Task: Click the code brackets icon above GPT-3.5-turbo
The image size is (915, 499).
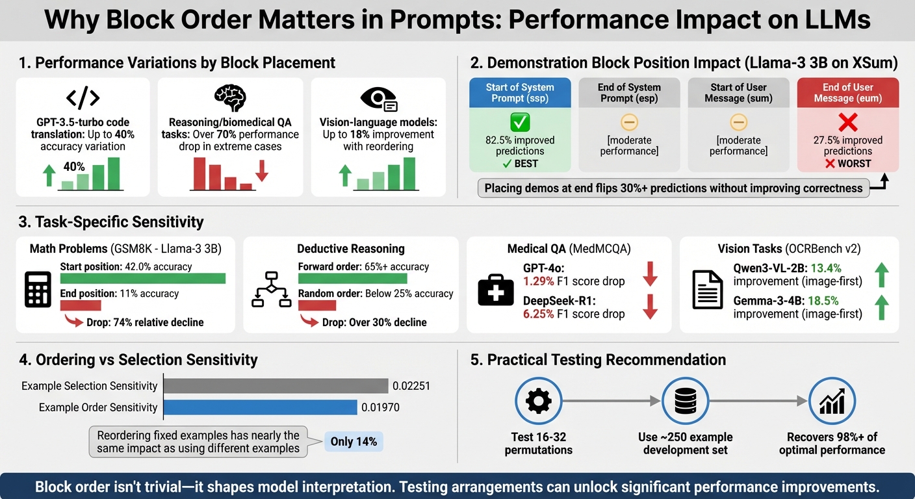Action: coord(83,97)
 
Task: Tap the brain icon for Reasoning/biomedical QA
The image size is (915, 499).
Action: coord(230,97)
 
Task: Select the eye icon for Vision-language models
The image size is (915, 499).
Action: coord(378,98)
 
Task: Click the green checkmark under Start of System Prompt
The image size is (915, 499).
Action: coord(520,122)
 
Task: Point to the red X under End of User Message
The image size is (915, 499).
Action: coord(847,122)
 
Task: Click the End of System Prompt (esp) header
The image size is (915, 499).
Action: coord(629,92)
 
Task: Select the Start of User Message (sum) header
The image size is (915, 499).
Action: coord(738,92)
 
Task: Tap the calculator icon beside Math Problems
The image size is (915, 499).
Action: coord(38,290)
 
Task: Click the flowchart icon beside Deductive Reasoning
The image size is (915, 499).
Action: coord(270,290)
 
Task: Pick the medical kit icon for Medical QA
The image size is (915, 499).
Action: coord(495,290)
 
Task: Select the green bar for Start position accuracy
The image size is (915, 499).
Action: coord(142,279)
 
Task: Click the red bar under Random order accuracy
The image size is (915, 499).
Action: coord(316,305)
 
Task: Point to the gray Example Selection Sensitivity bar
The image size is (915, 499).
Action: coord(276,386)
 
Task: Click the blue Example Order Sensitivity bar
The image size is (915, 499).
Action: coord(260,407)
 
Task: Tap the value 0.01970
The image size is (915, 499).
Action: coord(380,407)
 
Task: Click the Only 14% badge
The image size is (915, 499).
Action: coord(353,442)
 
